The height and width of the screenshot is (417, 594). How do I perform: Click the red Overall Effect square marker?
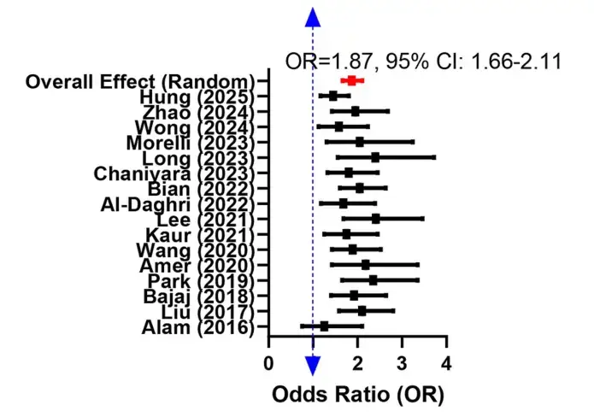(350, 80)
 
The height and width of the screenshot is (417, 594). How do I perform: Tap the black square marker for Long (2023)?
(375, 157)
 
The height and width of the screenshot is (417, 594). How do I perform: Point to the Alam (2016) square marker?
(324, 326)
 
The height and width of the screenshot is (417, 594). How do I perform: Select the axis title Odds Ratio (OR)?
(358, 396)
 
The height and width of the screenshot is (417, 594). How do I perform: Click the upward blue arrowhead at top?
(313, 17)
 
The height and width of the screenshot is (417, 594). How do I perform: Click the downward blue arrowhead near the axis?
(313, 366)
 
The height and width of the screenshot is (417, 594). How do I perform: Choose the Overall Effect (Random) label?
(140, 81)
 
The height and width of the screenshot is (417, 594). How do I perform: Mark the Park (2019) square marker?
(373, 279)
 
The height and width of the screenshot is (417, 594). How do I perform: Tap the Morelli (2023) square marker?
(360, 142)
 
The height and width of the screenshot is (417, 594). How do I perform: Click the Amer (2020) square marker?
(366, 265)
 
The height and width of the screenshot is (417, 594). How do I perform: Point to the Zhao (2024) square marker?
(356, 111)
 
